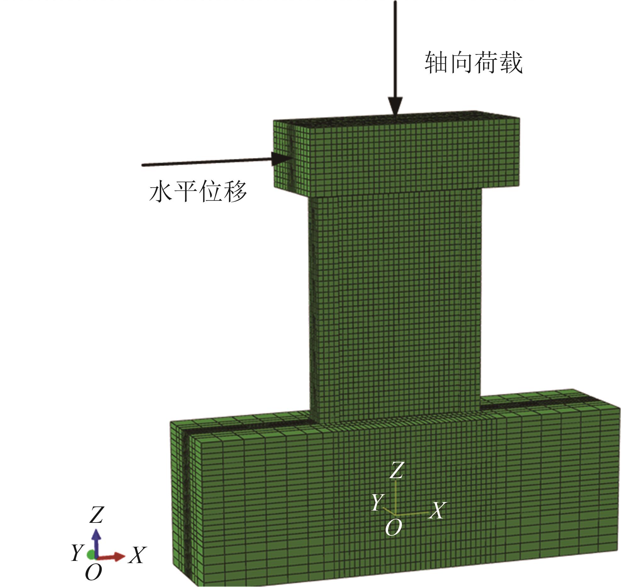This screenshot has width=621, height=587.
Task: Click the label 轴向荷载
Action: [x=473, y=63]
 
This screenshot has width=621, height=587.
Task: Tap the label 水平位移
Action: [x=198, y=191]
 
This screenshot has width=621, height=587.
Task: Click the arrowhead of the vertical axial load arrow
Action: [x=395, y=107]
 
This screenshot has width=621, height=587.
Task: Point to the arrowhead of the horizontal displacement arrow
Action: [x=281, y=159]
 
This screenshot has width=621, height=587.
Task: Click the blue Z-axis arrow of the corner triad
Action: [x=96, y=543]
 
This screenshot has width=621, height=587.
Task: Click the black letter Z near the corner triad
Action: [x=96, y=515]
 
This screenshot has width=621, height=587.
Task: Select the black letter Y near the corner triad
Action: [x=77, y=553]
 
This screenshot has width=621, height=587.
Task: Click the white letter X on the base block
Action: [x=437, y=511]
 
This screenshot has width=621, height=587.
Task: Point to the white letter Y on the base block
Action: [x=378, y=502]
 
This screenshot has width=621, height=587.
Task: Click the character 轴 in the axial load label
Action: [x=437, y=63]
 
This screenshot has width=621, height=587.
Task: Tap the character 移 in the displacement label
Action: [x=235, y=191]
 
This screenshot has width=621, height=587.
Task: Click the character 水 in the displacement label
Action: [x=161, y=191]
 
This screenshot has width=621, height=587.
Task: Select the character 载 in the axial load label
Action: [x=511, y=63]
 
